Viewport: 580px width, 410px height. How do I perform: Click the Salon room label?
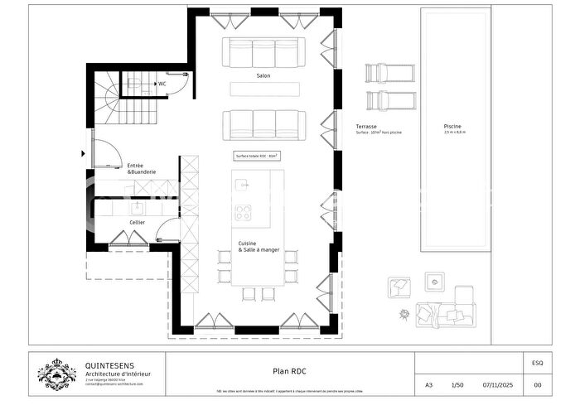point(263,75)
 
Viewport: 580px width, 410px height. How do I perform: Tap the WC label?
point(162,83)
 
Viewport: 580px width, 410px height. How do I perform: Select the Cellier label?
point(137,222)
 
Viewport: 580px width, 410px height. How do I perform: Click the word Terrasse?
point(367,127)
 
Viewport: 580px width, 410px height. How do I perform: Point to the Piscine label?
point(453,127)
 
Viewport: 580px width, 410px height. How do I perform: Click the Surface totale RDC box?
point(256,155)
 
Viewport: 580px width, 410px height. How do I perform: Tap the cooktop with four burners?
point(243,212)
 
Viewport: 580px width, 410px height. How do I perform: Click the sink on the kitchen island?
point(243,183)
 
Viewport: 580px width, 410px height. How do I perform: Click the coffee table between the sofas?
point(263,90)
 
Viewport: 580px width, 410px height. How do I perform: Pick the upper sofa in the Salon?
point(263,52)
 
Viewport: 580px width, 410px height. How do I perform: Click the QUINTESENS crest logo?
point(57,374)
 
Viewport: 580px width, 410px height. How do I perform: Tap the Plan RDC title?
point(291,372)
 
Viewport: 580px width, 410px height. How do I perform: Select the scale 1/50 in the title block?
point(457,385)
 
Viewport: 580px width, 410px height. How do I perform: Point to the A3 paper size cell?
point(428,385)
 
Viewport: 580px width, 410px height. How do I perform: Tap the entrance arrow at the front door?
point(84,152)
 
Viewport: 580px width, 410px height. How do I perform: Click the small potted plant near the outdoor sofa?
point(404,314)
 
